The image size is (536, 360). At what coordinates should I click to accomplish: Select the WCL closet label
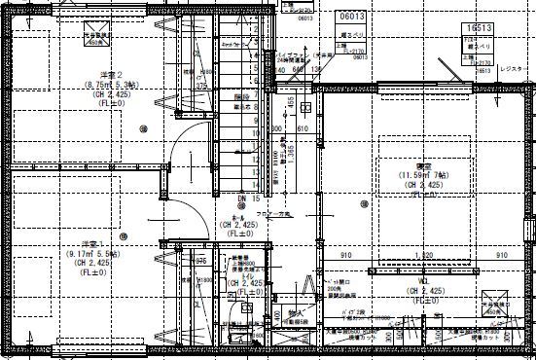tap(424, 280)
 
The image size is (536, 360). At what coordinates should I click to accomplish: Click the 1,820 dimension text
tap(424, 256)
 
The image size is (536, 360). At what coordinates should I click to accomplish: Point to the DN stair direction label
tap(241, 198)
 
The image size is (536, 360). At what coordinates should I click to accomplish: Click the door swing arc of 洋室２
tap(185, 146)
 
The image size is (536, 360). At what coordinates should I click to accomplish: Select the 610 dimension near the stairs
tap(303, 128)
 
